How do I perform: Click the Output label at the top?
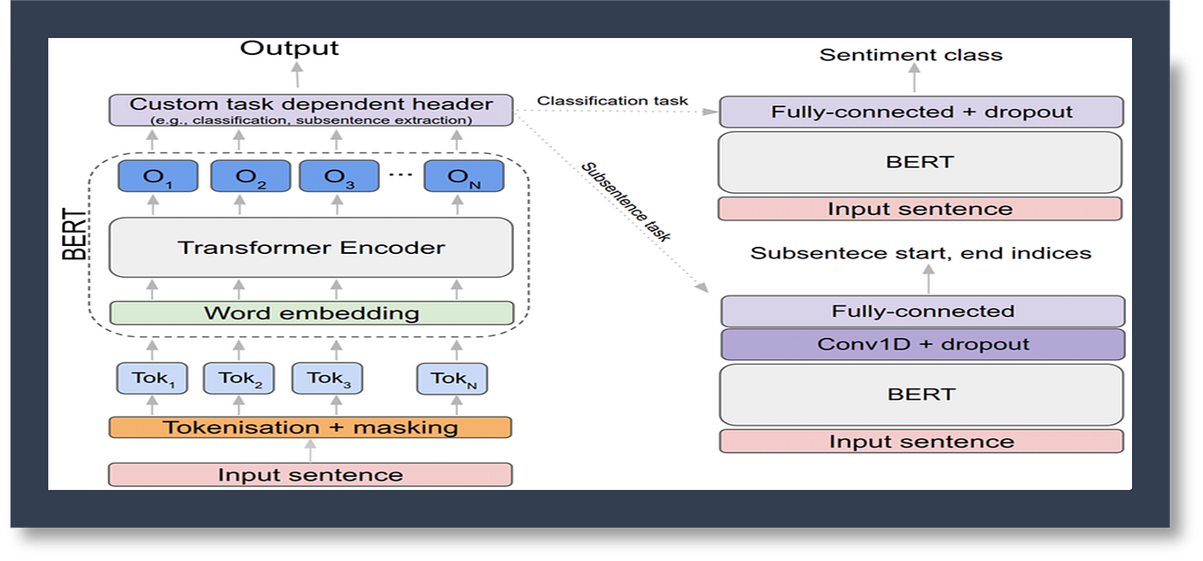(x=289, y=48)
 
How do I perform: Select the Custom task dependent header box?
(x=312, y=110)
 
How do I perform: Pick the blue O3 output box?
(x=333, y=176)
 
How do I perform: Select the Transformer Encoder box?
(x=311, y=248)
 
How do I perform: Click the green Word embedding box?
(x=311, y=313)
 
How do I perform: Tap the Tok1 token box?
(x=150, y=379)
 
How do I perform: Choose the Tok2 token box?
(x=237, y=379)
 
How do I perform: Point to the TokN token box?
(x=453, y=379)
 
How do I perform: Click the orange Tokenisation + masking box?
(x=310, y=427)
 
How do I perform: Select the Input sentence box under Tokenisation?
(x=310, y=474)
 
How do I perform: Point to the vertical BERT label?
(x=77, y=234)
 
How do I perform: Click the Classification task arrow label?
(x=612, y=101)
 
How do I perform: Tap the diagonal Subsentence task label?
(x=625, y=202)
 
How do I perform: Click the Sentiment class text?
(x=911, y=55)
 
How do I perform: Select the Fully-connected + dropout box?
(x=921, y=112)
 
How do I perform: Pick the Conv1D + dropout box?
(x=922, y=344)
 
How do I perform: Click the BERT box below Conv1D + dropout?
(x=921, y=395)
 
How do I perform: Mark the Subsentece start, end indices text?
(x=920, y=253)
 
